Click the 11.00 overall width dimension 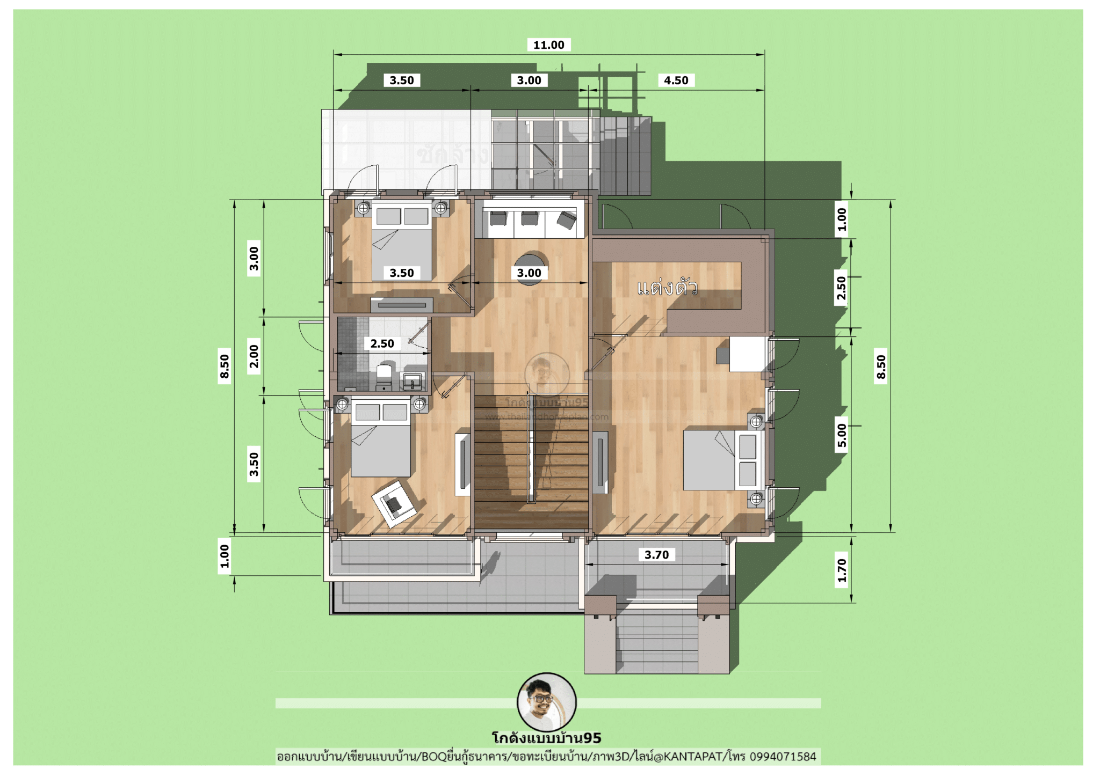pyautogui.click(x=548, y=45)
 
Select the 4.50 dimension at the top pyautogui.click(x=676, y=80)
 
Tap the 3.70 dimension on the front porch pyautogui.click(x=656, y=555)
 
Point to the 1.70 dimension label pyautogui.click(x=842, y=570)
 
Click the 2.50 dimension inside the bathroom pyautogui.click(x=382, y=343)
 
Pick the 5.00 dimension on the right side pyautogui.click(x=842, y=435)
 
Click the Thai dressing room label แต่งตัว pyautogui.click(x=667, y=288)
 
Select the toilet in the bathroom pyautogui.click(x=384, y=376)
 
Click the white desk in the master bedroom pyautogui.click(x=747, y=354)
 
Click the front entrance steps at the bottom pyautogui.click(x=656, y=644)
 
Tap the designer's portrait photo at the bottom pyautogui.click(x=546, y=701)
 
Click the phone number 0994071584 pyautogui.click(x=783, y=757)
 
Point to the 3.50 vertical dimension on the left pyautogui.click(x=254, y=464)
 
